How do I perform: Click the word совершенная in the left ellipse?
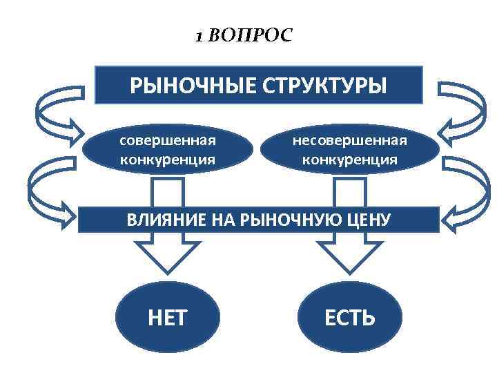168,140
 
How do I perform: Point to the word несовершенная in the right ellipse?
350,140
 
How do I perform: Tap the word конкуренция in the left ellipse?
168,160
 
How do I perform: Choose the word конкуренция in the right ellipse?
350,160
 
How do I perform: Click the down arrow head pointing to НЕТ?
168,259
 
